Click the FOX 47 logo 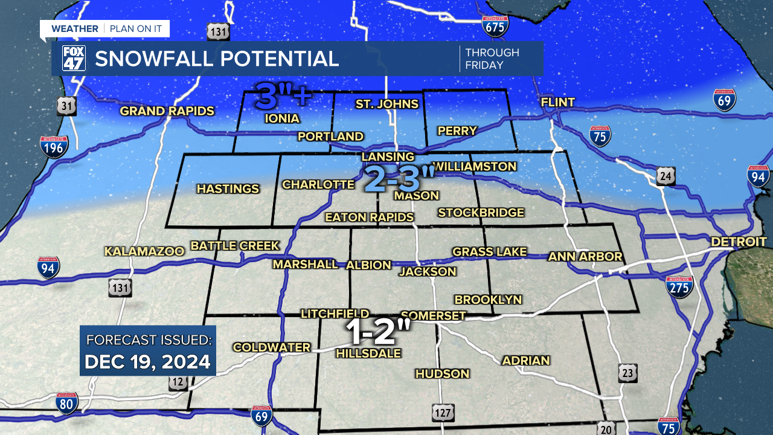(x=74, y=59)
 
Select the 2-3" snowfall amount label (x=400, y=179)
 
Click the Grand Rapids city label (x=167, y=111)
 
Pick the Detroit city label (x=739, y=242)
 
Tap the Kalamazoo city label (x=144, y=251)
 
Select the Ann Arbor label (x=585, y=257)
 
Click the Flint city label (x=558, y=103)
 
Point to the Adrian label (x=526, y=361)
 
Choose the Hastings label (x=228, y=189)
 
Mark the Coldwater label (x=272, y=347)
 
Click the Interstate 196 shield (x=54, y=147)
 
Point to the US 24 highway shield (x=666, y=176)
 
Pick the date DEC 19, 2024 (x=147, y=362)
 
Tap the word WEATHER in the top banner (x=74, y=29)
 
